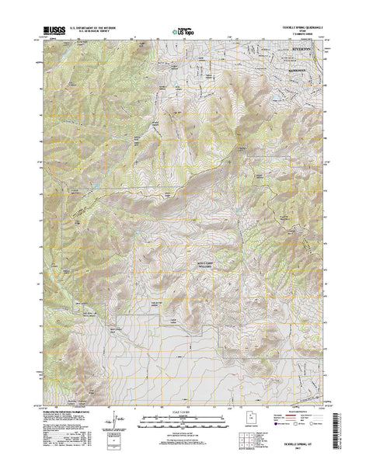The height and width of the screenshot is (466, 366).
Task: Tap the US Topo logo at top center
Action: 183,33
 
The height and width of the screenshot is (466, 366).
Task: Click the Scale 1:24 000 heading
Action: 183,413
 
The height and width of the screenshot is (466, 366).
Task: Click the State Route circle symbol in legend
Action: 312,437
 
